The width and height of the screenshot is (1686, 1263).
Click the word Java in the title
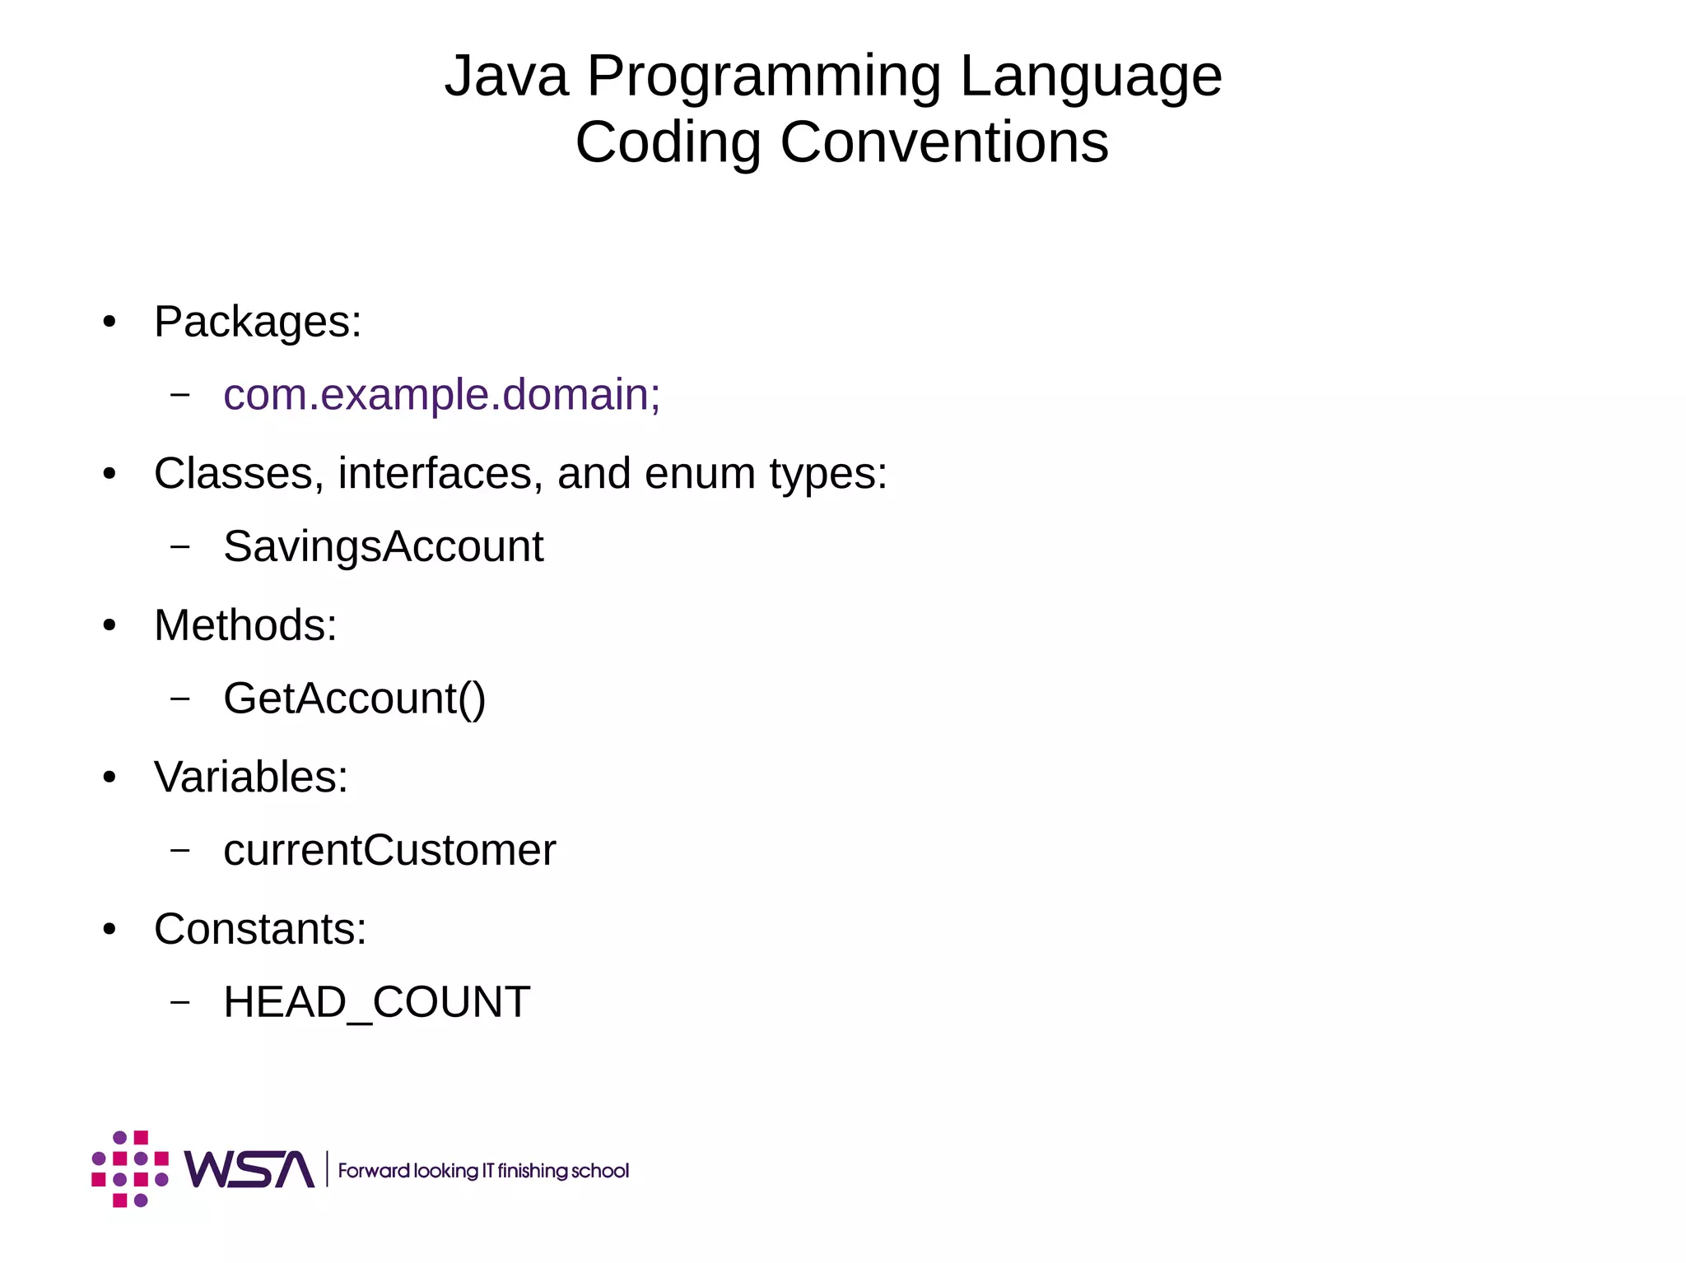tap(506, 77)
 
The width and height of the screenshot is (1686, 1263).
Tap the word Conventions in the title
tap(944, 142)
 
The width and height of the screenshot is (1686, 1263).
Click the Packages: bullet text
tap(258, 322)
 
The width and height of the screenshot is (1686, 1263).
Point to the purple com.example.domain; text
tap(441, 395)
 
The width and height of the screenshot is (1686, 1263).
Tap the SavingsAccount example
tap(384, 546)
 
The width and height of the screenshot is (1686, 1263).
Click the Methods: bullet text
tap(245, 625)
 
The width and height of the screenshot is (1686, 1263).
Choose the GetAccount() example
tap(355, 699)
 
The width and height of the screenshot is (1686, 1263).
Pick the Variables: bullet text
tap(251, 777)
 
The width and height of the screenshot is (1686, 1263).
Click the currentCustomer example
tap(389, 851)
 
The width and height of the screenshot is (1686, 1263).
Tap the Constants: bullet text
tap(260, 929)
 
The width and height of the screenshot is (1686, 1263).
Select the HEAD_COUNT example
tap(377, 1002)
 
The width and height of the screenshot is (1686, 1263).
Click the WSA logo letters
tap(249, 1169)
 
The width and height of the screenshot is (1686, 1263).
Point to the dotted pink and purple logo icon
tap(130, 1169)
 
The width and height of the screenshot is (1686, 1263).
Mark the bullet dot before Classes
tap(109, 475)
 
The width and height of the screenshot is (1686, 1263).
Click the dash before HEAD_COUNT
tap(180, 1002)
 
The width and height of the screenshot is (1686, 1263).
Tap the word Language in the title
tap(1091, 77)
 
